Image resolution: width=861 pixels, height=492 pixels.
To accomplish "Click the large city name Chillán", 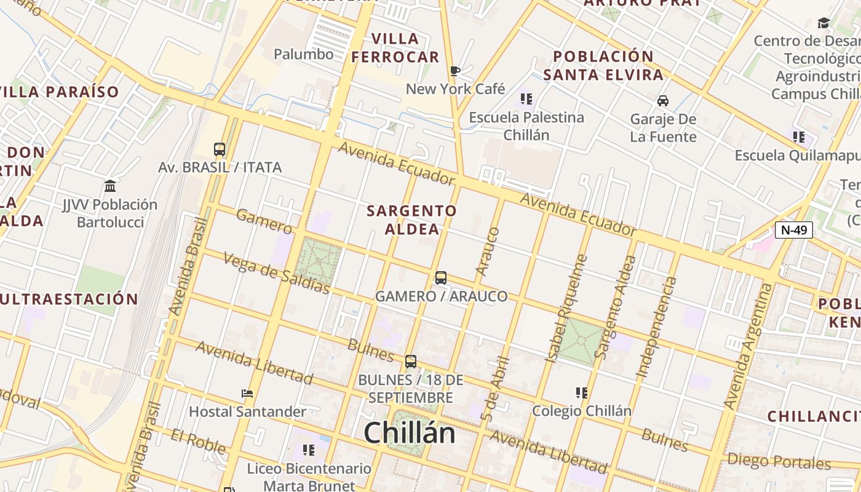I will tap(409, 433).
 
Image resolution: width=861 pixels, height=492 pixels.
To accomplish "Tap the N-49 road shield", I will tap(793, 230).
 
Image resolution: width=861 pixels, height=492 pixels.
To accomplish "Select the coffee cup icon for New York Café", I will tap(454, 71).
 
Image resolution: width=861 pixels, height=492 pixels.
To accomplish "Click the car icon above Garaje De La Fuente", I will tap(663, 100).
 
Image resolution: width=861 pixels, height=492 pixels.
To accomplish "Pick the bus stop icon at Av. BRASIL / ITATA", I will tap(220, 149).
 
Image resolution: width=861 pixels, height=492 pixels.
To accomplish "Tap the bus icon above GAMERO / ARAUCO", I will tap(441, 278).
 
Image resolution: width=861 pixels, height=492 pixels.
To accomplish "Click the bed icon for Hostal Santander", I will tap(247, 394).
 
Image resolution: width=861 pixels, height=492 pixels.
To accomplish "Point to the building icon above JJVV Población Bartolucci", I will tap(110, 186).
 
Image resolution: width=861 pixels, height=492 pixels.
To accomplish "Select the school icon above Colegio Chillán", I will tap(581, 392).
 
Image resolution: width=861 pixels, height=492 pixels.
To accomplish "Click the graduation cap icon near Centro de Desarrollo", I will tap(823, 23).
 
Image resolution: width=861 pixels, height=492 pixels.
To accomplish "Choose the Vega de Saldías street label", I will tap(276, 272).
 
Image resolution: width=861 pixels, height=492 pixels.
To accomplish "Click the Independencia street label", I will tap(656, 327).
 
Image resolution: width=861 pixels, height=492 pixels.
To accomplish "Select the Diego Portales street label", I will tap(779, 461).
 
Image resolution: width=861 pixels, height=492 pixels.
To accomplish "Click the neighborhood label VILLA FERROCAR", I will tap(395, 48).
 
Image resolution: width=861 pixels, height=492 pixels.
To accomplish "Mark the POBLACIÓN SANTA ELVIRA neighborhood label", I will tap(603, 66).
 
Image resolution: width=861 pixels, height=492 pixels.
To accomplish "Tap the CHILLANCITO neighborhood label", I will tap(813, 416).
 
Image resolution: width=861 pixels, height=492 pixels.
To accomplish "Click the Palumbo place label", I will tap(303, 54).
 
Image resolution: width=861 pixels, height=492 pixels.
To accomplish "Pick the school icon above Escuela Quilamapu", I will tap(798, 137).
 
